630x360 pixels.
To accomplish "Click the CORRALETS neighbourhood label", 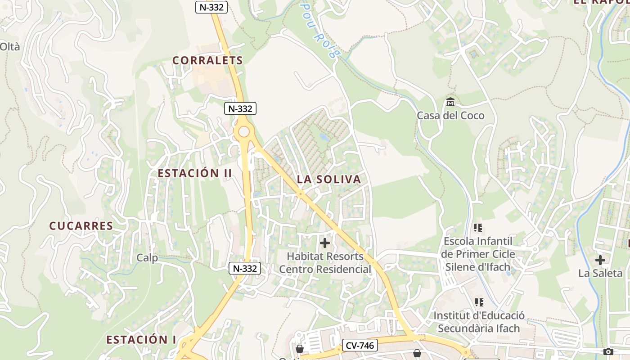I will point(207,60).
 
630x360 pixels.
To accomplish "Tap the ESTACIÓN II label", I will point(195,173).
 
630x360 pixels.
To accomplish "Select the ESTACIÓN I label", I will point(141,339).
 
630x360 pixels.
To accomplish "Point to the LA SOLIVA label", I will point(329,179).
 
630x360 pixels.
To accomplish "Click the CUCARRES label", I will point(81,226).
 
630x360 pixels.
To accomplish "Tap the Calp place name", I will point(148,258).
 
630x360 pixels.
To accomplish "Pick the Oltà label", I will point(10,46).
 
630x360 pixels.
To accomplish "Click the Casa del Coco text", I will point(450,116).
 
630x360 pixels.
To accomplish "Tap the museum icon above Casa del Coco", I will point(450,102).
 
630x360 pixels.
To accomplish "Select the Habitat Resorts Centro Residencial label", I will point(325,263).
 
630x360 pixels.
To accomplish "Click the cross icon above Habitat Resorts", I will point(325,243).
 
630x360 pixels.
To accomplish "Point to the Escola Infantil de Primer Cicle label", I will point(478,254).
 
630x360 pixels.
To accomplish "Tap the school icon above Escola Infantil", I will point(478,228).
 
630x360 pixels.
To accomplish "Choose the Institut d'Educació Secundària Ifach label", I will point(479,322).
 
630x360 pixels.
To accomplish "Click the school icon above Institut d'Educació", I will point(479,302).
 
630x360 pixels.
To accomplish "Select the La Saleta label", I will point(600,273).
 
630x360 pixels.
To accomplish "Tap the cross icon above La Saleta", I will point(600,260).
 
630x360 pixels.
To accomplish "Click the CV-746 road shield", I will point(360,346).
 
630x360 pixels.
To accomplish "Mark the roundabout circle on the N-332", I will point(243,132).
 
